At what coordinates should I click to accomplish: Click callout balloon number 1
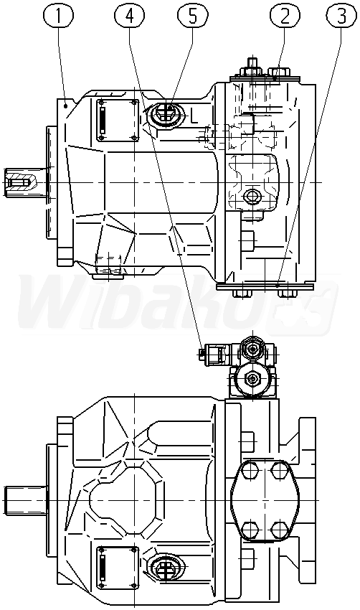point(59,15)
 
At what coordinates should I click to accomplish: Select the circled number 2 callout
point(285,15)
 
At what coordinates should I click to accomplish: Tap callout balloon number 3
point(342,15)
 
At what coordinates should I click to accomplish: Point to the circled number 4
point(130,15)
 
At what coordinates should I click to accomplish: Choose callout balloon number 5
point(193,15)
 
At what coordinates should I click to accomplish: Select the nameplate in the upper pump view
point(118,121)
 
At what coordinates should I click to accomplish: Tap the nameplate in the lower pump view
point(118,567)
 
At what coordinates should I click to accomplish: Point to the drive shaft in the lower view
point(25,499)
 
